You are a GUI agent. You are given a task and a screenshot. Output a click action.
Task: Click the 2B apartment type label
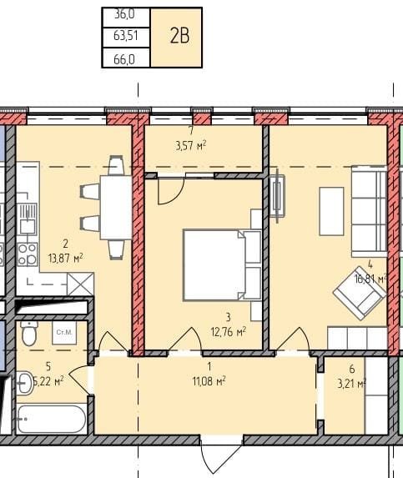[x=179, y=36]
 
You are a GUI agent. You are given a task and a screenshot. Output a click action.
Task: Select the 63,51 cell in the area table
[x=126, y=36]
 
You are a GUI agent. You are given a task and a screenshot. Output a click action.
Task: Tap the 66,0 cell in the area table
[x=126, y=58]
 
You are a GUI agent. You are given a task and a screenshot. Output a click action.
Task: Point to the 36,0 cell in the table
[x=126, y=15]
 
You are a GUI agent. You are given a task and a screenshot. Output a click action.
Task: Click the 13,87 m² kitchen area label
[x=66, y=259]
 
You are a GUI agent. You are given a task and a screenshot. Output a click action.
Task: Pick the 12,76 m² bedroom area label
[x=229, y=332]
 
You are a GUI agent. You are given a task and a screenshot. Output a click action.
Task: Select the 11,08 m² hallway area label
[x=209, y=380]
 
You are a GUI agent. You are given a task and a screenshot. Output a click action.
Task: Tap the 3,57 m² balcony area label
[x=191, y=145]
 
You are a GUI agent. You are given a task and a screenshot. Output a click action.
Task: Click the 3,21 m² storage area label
[x=352, y=383]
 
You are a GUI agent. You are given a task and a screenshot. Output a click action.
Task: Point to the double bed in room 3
[x=222, y=265]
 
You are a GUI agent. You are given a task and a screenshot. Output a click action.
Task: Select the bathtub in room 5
[x=51, y=419]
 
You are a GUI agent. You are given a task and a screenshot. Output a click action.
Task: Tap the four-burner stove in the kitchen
[x=28, y=254]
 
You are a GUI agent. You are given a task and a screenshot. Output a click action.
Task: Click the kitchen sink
[x=28, y=219]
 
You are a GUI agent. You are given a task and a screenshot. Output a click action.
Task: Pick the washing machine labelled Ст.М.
[x=64, y=333]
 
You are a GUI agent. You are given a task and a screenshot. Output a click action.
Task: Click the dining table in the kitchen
[x=116, y=207]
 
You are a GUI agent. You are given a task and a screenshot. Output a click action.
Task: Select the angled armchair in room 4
[x=360, y=293]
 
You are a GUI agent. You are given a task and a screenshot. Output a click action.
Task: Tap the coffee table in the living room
[x=331, y=211]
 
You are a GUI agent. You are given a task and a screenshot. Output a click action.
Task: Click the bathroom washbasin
[x=25, y=383]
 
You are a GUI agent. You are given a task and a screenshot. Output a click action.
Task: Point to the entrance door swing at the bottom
[x=222, y=455]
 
